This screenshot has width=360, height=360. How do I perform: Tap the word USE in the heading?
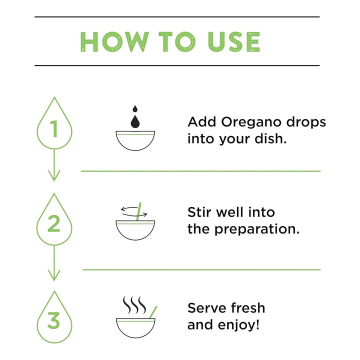(233, 42)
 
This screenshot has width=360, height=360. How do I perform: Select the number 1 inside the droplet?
(54, 128)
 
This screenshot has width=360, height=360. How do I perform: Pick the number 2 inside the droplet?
(53, 223)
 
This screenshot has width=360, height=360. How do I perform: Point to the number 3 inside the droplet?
(53, 320)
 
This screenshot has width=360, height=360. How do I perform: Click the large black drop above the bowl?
(135, 121)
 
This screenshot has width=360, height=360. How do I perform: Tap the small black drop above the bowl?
(135, 108)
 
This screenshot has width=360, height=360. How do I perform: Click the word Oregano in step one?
(251, 122)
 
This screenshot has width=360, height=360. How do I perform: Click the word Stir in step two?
(199, 212)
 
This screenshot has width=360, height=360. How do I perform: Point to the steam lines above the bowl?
(134, 305)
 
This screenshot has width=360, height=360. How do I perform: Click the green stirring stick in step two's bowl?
(138, 211)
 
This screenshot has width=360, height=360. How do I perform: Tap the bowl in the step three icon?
(135, 328)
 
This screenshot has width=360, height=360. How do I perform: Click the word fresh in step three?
(248, 308)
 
